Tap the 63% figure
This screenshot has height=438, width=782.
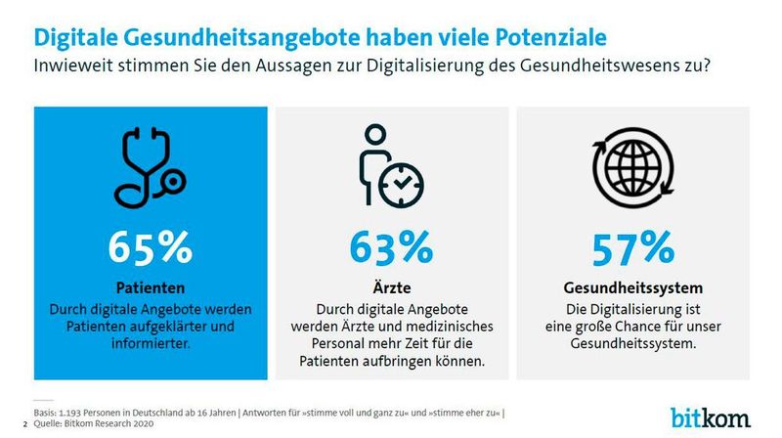[391, 247]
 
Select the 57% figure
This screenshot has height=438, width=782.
[633, 247]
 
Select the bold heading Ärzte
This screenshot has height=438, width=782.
[391, 288]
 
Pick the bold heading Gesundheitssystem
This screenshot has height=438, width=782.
[633, 288]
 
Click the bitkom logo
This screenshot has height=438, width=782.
[711, 416]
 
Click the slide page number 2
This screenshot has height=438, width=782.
[24, 422]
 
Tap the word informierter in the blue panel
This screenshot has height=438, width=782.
[151, 343]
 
